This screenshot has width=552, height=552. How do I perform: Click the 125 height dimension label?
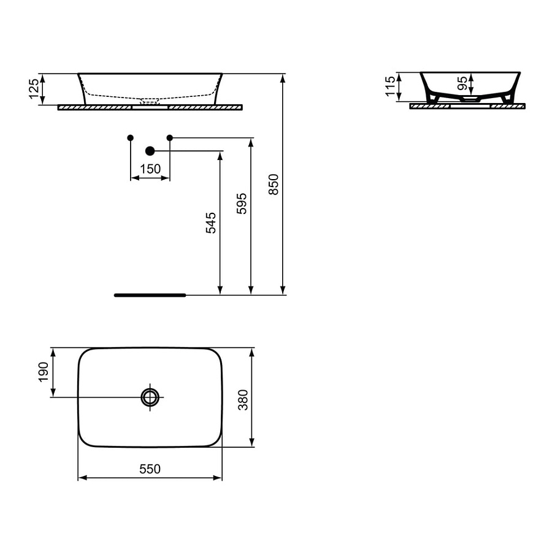(x=35, y=89)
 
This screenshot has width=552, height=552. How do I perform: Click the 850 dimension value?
(x=274, y=184)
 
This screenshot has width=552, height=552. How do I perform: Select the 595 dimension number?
(x=242, y=203)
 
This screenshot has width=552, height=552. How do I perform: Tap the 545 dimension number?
(x=210, y=223)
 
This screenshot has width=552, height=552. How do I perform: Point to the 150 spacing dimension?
(x=150, y=169)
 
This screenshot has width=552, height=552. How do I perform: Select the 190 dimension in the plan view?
(x=44, y=372)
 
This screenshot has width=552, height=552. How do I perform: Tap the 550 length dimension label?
(x=150, y=469)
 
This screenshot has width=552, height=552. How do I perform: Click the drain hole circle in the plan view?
(x=150, y=397)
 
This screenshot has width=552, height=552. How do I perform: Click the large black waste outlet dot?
(x=150, y=150)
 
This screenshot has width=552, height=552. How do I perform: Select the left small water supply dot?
(x=130, y=137)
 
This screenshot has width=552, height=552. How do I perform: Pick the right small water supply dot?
(x=170, y=137)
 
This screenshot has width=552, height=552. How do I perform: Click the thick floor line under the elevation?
(x=150, y=295)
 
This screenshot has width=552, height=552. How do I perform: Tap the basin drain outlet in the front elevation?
(x=150, y=101)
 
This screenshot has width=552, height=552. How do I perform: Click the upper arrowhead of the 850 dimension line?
(x=283, y=77)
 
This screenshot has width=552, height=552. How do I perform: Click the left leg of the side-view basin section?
(x=433, y=97)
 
